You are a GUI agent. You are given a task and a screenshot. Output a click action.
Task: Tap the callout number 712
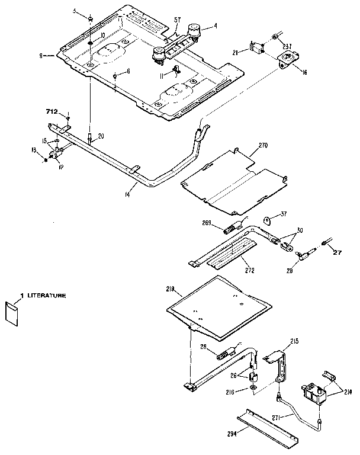[53, 111]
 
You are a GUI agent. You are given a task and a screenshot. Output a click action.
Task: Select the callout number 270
[263, 144]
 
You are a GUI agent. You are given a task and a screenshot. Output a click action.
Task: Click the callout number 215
[295, 341]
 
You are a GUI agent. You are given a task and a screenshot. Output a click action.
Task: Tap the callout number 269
[207, 223]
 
